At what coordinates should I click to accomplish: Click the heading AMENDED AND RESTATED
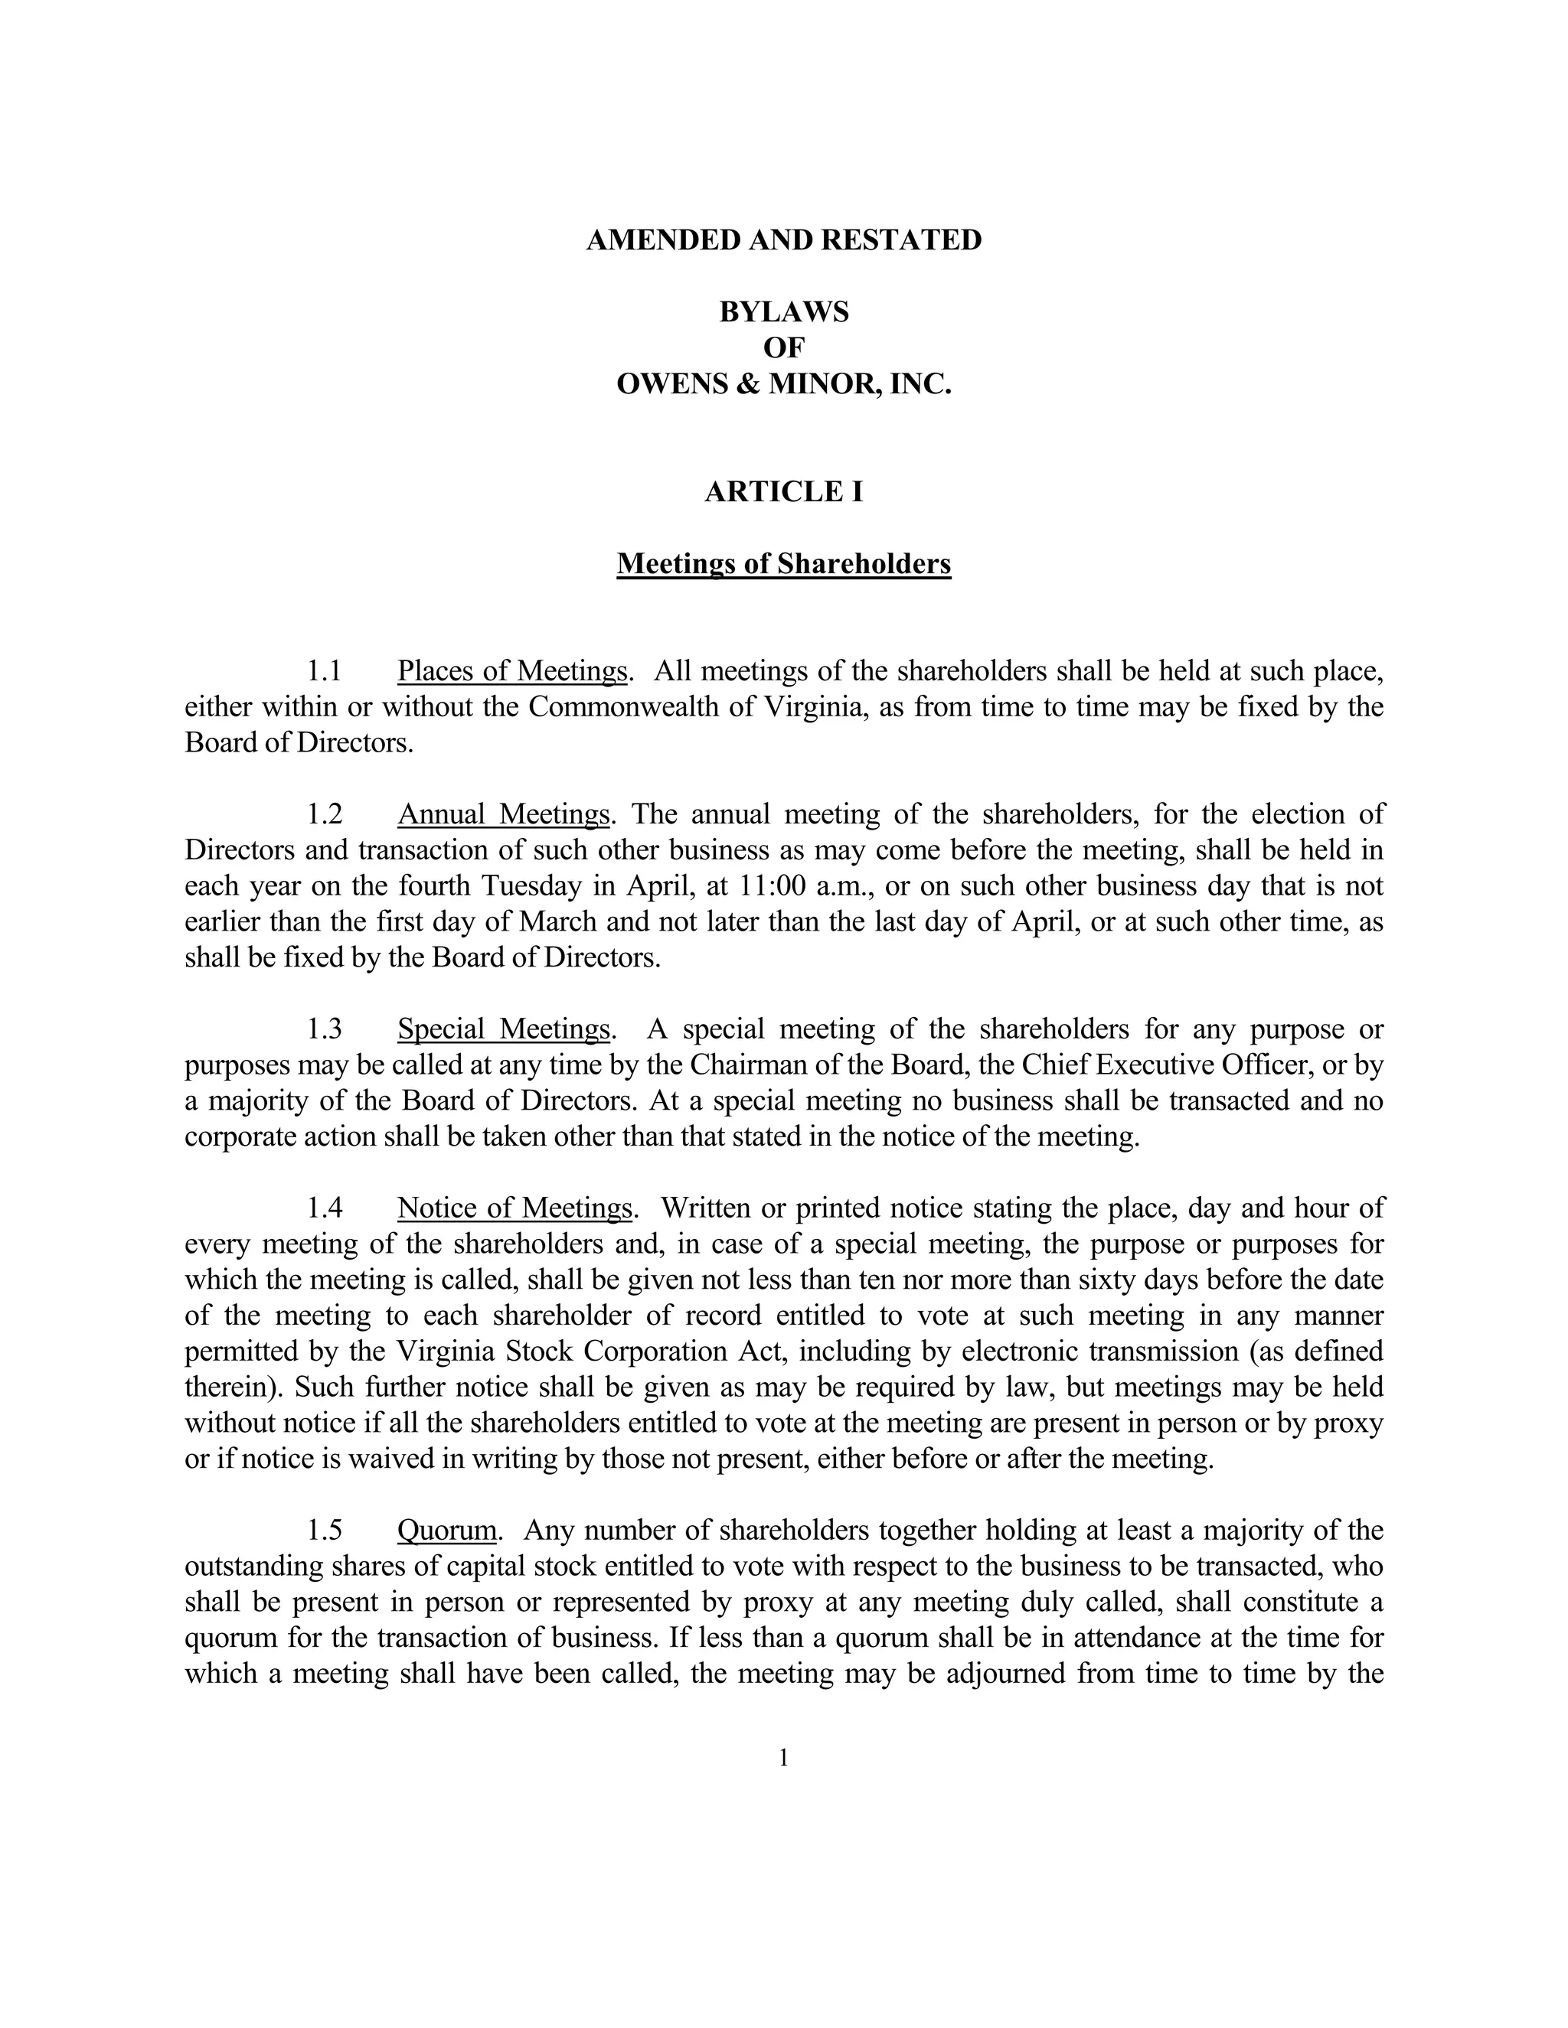click(783, 240)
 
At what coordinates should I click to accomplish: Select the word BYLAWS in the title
click(783, 312)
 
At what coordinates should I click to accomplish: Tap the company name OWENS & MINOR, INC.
click(783, 383)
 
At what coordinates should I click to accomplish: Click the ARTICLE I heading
click(783, 491)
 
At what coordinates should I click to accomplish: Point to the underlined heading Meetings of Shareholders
click(783, 564)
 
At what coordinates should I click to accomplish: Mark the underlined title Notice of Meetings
click(515, 1208)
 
